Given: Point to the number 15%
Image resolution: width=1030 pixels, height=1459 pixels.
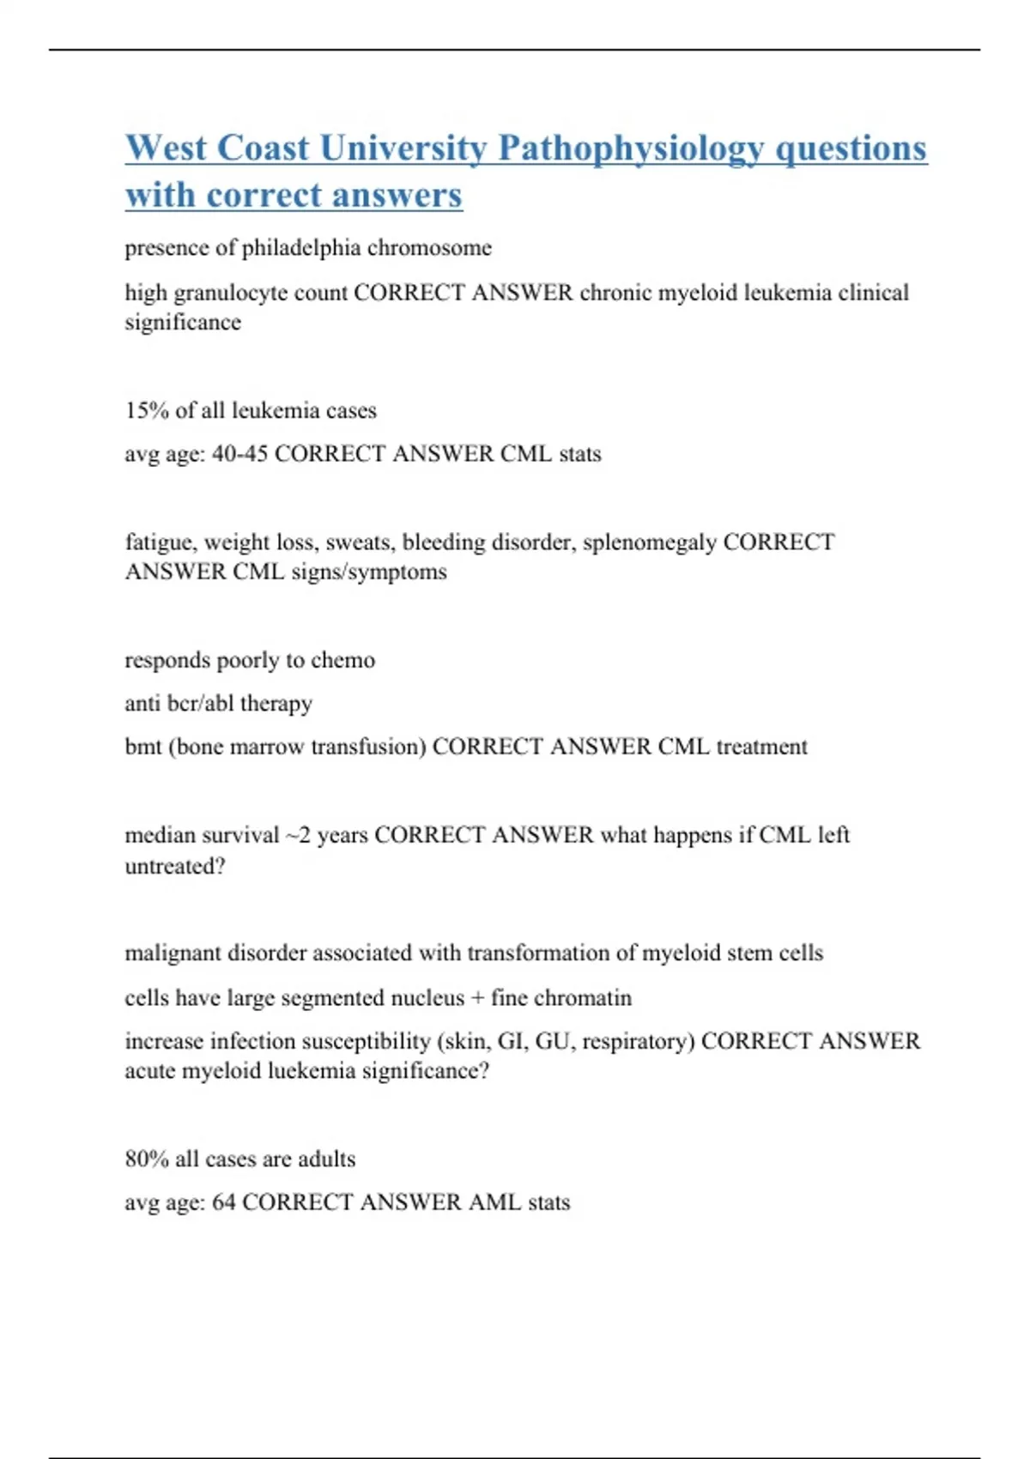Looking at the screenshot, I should click(147, 410).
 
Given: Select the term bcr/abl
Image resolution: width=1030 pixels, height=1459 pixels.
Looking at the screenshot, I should click(194, 704).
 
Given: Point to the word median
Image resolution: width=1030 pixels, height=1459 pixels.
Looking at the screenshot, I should click(160, 835).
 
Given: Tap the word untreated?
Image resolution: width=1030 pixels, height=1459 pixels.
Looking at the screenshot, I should click(175, 866).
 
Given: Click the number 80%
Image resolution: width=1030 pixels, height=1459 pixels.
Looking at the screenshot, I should click(147, 1159).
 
